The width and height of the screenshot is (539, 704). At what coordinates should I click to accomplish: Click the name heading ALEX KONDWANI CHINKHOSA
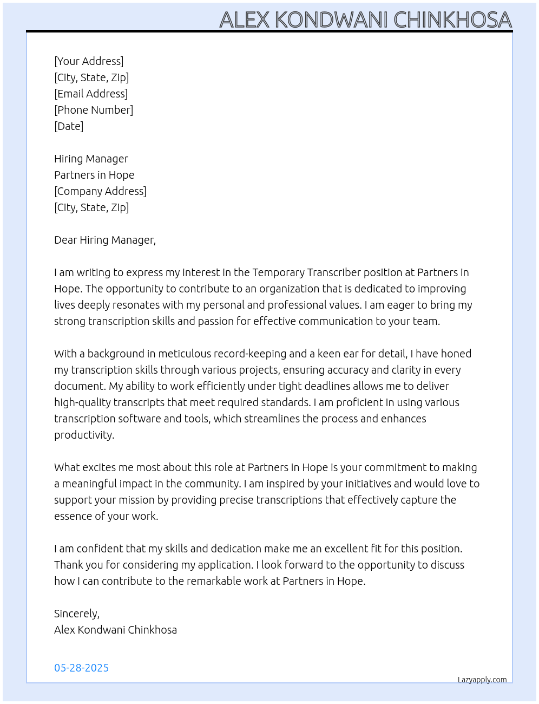click(x=365, y=20)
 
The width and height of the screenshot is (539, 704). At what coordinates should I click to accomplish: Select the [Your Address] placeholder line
click(x=89, y=61)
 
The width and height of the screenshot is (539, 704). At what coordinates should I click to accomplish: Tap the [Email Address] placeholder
click(x=91, y=94)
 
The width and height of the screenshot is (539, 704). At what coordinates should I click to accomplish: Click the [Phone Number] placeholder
click(x=94, y=110)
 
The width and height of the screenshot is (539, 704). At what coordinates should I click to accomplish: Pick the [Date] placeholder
click(x=69, y=126)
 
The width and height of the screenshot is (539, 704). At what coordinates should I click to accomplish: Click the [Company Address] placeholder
click(x=100, y=191)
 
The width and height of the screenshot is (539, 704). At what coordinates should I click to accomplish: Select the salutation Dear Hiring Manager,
click(x=105, y=240)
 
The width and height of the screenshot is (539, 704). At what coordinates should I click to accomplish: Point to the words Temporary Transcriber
click(x=306, y=272)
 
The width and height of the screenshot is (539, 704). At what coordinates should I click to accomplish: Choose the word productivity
click(x=84, y=435)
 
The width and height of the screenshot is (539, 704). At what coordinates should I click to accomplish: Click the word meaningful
click(x=89, y=484)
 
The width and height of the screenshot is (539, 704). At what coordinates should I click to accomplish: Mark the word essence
click(x=73, y=516)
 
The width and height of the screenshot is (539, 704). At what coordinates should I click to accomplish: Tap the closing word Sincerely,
click(x=77, y=614)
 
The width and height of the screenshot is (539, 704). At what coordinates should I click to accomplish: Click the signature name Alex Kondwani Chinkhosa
click(x=115, y=630)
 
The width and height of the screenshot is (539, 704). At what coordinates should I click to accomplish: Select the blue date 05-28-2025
click(x=81, y=668)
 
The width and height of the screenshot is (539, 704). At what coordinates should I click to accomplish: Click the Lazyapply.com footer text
click(x=482, y=680)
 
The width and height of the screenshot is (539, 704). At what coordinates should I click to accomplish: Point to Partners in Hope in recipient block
click(x=94, y=175)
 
